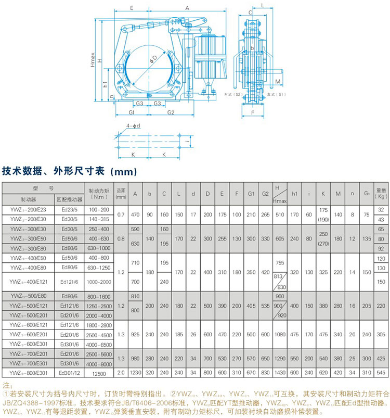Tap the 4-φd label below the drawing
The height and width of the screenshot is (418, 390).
pyautogui.click(x=133, y=126)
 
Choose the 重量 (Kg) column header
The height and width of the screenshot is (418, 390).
pyautogui.click(x=381, y=193)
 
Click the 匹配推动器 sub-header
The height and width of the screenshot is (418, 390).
pyautogui.click(x=69, y=199)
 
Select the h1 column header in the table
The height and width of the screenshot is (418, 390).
pyautogui.click(x=294, y=193)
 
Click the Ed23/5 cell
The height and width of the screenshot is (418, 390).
pyautogui.click(x=69, y=209)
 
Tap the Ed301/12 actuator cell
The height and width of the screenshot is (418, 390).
pyautogui.click(x=69, y=373)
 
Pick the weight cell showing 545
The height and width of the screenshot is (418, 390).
pyautogui.click(x=381, y=373)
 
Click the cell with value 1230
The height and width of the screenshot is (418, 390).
pyautogui.click(x=136, y=373)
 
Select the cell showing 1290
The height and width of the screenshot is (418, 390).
pyautogui.click(x=280, y=359)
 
